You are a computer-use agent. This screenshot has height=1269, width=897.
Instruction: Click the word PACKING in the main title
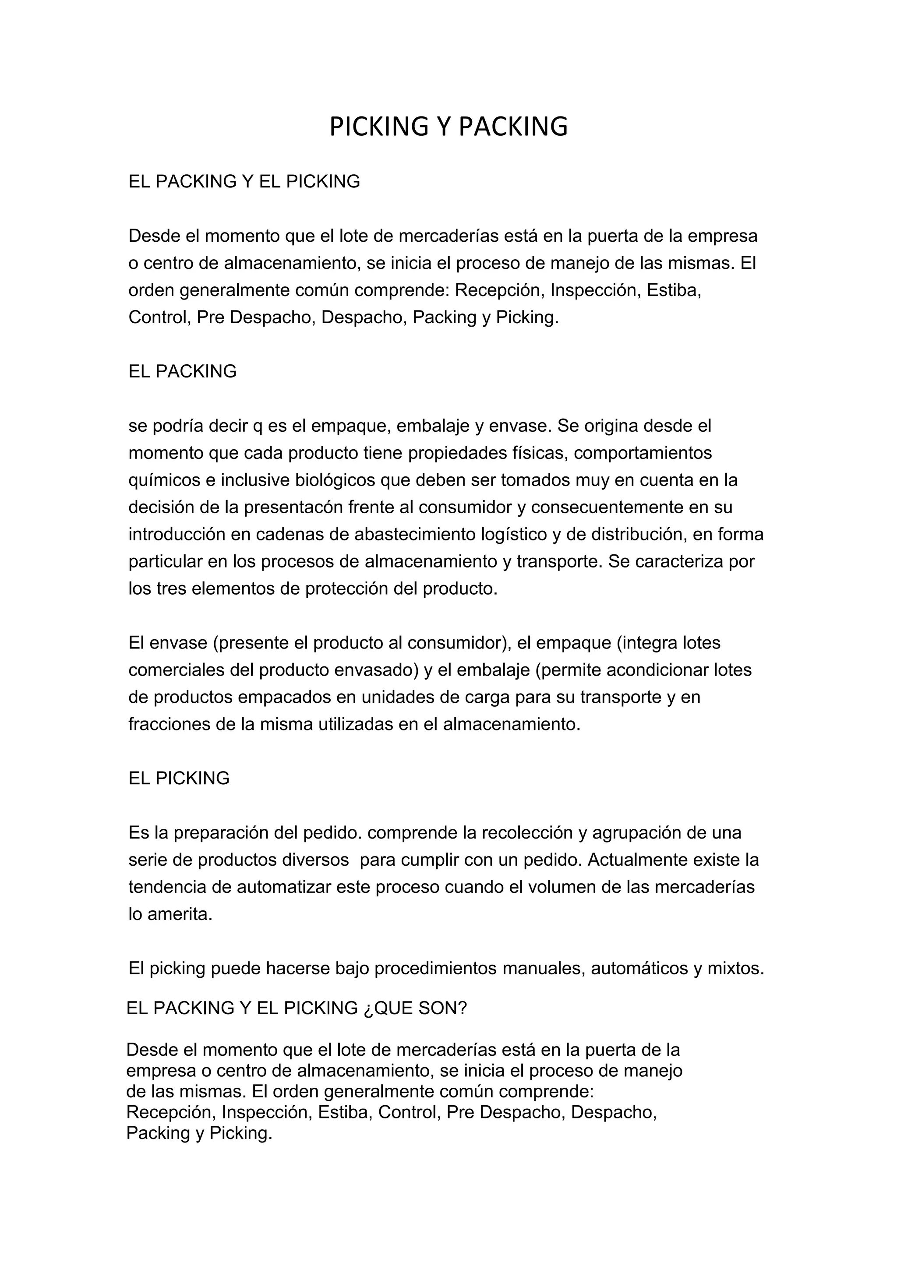[x=513, y=127]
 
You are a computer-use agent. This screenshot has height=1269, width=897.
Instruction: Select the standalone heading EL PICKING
[x=179, y=778]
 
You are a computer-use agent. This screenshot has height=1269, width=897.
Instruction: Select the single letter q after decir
[x=258, y=426]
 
